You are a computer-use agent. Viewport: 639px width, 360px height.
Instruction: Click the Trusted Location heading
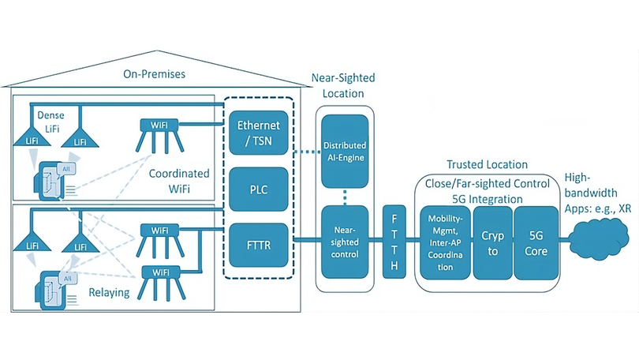(487, 164)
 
